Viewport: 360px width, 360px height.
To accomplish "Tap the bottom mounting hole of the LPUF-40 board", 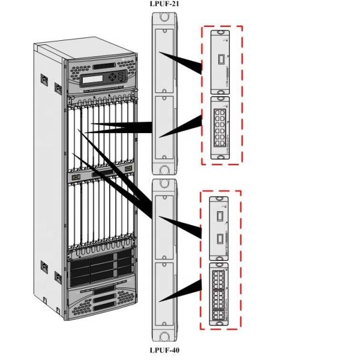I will coord(165,336).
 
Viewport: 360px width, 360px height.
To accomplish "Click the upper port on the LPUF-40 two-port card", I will coord(220,214).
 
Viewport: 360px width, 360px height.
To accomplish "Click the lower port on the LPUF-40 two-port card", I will coord(220,238).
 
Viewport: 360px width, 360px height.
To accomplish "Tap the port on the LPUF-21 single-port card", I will coord(220,60).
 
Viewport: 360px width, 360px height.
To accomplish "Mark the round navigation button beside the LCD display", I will coord(119,77).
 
